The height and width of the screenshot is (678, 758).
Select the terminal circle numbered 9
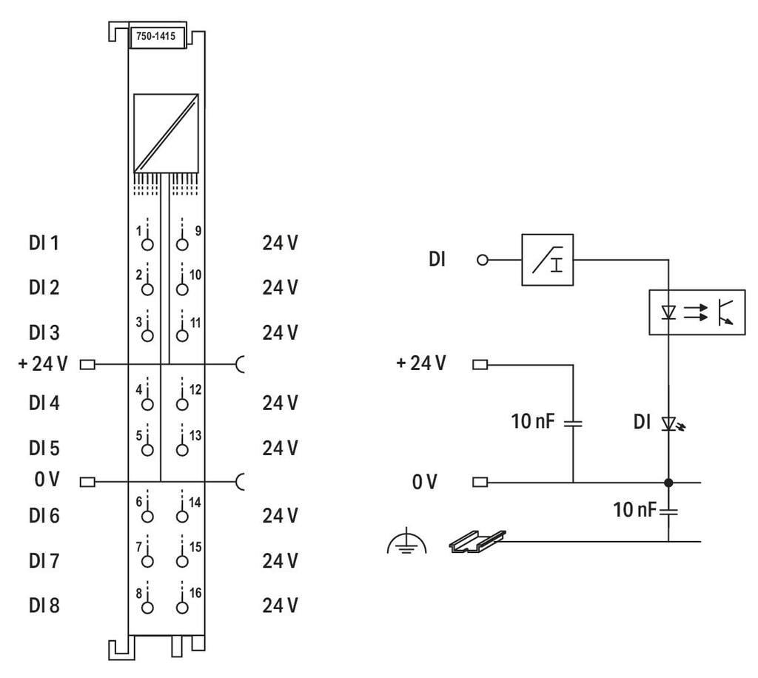(x=182, y=244)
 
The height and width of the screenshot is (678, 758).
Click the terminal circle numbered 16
(x=182, y=607)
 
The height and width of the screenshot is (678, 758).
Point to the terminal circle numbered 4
(x=148, y=404)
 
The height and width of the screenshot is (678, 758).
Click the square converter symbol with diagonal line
(x=166, y=133)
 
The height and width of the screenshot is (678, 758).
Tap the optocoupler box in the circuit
(x=697, y=312)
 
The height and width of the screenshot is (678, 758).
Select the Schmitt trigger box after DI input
(x=548, y=260)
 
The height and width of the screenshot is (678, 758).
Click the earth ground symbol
(x=407, y=545)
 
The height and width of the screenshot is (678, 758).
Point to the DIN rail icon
(x=477, y=543)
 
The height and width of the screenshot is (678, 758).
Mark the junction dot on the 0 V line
(x=669, y=483)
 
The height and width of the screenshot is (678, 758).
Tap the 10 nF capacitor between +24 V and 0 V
(x=574, y=423)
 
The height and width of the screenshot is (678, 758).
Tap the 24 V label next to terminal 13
(x=281, y=449)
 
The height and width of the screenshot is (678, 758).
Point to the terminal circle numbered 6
(x=148, y=515)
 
